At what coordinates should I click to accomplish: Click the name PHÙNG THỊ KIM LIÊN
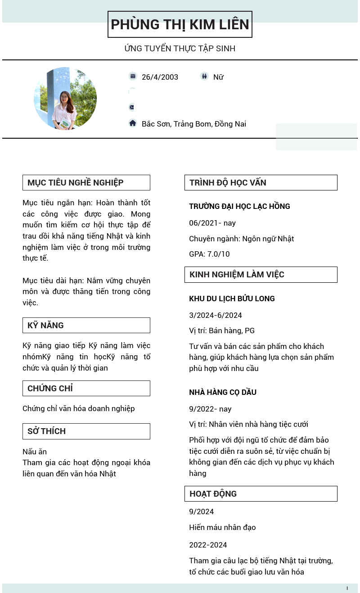click(x=180, y=24)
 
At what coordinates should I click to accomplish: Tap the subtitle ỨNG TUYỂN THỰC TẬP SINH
click(x=180, y=48)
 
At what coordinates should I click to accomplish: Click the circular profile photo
click(x=65, y=99)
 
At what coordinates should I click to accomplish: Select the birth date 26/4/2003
click(x=160, y=77)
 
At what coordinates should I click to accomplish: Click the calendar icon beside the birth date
click(x=133, y=76)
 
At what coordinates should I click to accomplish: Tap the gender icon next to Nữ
click(x=204, y=76)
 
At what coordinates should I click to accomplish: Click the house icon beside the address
click(x=133, y=123)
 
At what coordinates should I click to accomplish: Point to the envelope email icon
click(x=132, y=107)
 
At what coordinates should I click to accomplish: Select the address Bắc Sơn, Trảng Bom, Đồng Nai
click(x=193, y=124)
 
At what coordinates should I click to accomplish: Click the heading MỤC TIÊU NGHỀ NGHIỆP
click(x=76, y=182)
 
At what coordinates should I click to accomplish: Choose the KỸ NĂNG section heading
click(x=45, y=325)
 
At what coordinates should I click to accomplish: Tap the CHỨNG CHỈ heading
click(x=50, y=388)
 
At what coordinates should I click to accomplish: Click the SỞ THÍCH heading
click(x=46, y=431)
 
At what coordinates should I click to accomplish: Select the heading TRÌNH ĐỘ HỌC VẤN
click(x=228, y=182)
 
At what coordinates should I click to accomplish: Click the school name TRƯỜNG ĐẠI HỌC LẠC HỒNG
click(x=239, y=206)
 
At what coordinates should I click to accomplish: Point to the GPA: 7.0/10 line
click(x=209, y=254)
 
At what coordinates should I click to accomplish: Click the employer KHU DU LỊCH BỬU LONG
click(x=232, y=299)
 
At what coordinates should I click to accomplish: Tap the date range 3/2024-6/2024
click(x=216, y=315)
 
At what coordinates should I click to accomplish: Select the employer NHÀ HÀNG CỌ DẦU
click(x=223, y=392)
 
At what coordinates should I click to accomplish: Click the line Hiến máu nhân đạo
click(x=222, y=527)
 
